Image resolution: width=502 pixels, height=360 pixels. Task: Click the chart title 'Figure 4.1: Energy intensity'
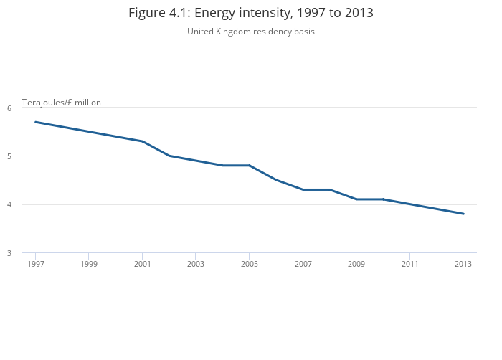click(251, 13)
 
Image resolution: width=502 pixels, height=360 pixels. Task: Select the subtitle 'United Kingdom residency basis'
click(251, 32)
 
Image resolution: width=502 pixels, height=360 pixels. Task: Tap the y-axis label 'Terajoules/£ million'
click(61, 103)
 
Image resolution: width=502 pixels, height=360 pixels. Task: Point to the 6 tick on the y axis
click(9, 108)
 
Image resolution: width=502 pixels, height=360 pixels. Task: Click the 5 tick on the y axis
click(9, 156)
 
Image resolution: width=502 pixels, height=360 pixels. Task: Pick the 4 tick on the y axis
click(9, 205)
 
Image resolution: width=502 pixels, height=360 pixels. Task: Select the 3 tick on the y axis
click(9, 253)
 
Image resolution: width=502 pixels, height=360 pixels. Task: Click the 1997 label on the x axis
click(35, 264)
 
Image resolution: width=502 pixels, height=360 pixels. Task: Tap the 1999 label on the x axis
click(89, 264)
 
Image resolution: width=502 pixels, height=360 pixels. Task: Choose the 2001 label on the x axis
click(142, 264)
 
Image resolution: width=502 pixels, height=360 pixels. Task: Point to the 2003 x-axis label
click(196, 264)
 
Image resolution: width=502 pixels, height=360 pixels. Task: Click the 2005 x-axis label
click(249, 264)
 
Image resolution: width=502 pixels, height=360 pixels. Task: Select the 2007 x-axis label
click(303, 264)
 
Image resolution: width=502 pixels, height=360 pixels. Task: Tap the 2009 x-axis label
click(356, 264)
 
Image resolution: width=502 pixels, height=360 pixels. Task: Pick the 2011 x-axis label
click(409, 264)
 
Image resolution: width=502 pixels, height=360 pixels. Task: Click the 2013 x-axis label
click(463, 264)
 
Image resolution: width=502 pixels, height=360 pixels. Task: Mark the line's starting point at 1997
click(35, 122)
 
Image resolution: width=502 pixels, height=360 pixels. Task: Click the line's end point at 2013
click(463, 214)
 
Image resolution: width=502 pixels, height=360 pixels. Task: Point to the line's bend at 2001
click(142, 141)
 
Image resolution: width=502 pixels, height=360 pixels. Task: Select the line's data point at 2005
click(249, 166)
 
